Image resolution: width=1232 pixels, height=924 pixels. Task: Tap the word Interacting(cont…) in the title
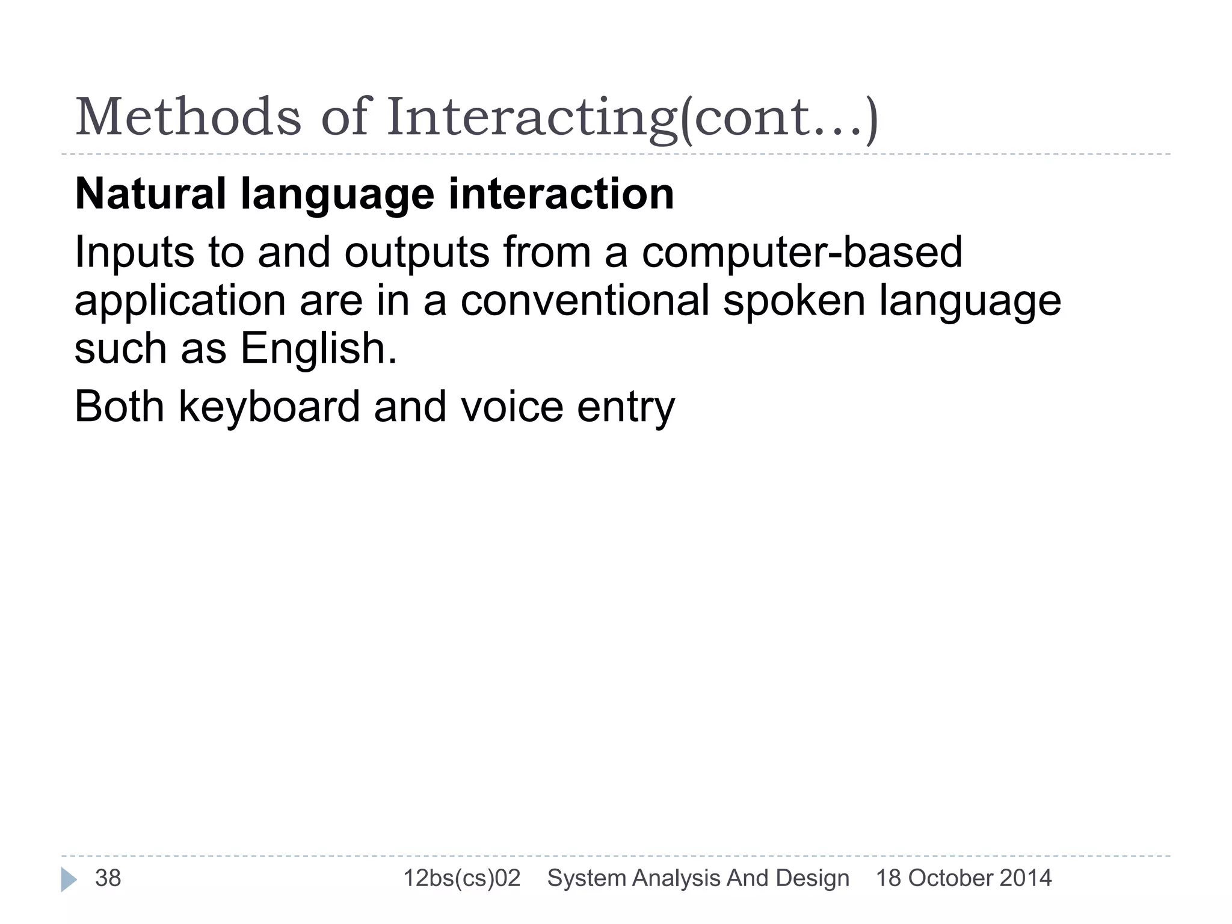(x=632, y=118)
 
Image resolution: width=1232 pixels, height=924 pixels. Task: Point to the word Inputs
(x=134, y=253)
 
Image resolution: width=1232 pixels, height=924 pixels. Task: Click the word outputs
(x=417, y=253)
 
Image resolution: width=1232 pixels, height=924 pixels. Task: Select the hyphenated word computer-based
(x=802, y=253)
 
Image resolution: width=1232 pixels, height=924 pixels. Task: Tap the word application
(x=180, y=301)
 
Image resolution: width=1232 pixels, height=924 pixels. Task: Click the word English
(x=318, y=349)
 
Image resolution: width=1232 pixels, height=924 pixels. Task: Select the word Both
(x=119, y=407)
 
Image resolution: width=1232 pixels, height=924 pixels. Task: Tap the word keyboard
(x=269, y=408)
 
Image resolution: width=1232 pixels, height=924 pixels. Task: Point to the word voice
(x=512, y=407)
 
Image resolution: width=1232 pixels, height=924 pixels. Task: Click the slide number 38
(x=108, y=878)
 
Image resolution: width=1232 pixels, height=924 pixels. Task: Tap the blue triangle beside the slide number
(x=68, y=879)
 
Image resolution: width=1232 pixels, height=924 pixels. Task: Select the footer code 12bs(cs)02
(x=461, y=879)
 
